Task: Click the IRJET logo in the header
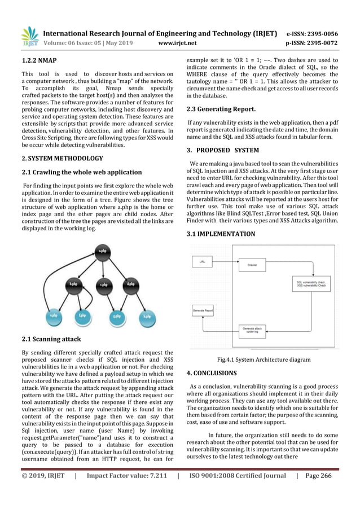30,36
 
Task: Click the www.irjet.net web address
178,42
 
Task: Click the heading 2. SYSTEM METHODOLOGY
62,159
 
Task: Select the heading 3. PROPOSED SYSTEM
223,150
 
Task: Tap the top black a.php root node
102,251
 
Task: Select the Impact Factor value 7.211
126,491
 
